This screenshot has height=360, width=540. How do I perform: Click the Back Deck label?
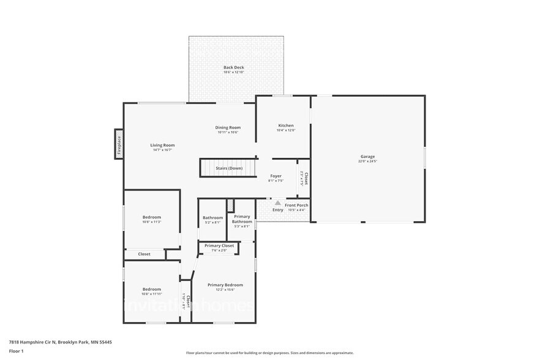click(233, 67)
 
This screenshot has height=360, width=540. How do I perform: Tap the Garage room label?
click(367, 156)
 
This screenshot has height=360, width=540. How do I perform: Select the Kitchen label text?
click(286, 126)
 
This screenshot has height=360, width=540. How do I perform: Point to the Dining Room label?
click(228, 127)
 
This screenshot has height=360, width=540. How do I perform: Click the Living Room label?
click(162, 145)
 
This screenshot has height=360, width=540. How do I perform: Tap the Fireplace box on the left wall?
click(119, 144)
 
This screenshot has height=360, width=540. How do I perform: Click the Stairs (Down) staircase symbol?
click(228, 168)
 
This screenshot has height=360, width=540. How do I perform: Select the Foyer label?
click(276, 176)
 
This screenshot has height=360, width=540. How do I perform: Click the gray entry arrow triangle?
click(277, 203)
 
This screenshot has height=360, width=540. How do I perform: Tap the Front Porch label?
click(296, 205)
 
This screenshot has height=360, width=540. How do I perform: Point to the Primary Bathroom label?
click(242, 219)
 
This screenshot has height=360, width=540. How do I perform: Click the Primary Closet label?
click(219, 246)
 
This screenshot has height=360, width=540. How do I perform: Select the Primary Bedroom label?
click(225, 285)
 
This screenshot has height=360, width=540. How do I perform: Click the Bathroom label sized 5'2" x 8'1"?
click(212, 217)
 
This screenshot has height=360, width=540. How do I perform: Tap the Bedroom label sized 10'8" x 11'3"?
click(152, 217)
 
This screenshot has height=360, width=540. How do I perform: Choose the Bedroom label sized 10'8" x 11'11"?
click(152, 289)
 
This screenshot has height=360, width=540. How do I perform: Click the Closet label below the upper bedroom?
click(144, 253)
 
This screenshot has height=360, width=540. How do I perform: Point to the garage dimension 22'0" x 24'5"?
click(367, 161)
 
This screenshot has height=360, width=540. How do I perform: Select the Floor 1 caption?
click(16, 351)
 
